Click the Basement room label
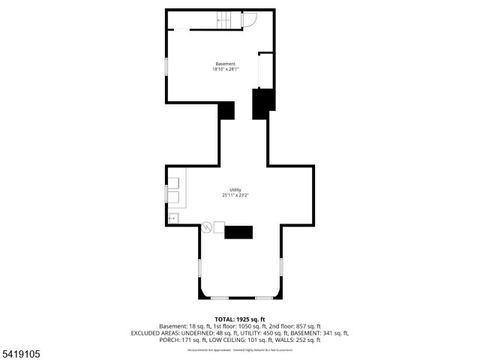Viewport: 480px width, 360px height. (x=225, y=64)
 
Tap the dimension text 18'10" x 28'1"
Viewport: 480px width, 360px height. (x=225, y=70)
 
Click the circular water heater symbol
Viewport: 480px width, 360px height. (x=207, y=226)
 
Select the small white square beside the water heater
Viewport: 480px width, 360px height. (x=220, y=226)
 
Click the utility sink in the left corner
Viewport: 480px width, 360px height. (x=173, y=218)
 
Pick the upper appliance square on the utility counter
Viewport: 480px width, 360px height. (x=174, y=182)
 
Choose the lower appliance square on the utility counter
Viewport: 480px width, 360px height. (x=174, y=197)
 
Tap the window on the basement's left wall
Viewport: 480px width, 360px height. (x=166, y=64)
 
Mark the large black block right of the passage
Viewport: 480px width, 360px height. (x=261, y=104)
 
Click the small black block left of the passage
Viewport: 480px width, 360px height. (x=226, y=110)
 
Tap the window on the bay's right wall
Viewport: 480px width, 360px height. (x=280, y=266)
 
